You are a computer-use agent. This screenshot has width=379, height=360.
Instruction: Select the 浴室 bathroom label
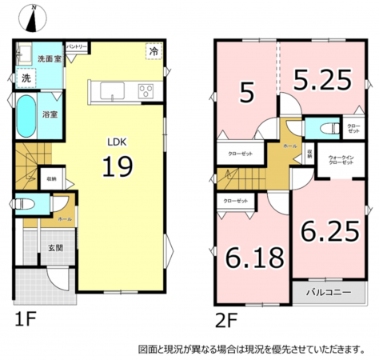[50, 114]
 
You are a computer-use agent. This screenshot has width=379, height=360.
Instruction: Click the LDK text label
[116, 142]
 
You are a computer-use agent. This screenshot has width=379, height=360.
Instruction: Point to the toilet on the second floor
[320, 128]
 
